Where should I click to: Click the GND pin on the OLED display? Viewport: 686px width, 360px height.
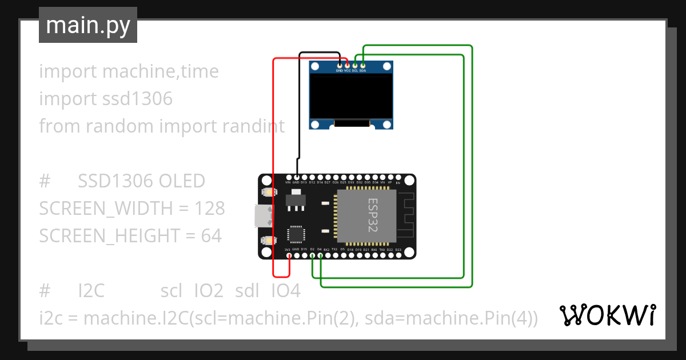point(340,66)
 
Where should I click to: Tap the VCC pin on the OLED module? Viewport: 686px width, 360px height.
point(347,66)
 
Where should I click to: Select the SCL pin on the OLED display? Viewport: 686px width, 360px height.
point(355,66)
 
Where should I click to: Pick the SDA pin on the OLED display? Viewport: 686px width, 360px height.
point(362,66)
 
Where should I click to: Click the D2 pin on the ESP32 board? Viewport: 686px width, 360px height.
point(312,255)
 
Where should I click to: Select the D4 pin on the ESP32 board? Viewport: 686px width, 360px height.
point(320,255)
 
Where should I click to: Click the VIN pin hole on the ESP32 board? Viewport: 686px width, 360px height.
point(288,177)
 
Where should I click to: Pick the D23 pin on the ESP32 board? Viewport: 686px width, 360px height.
point(398,255)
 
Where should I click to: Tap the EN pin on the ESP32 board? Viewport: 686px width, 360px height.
point(398,177)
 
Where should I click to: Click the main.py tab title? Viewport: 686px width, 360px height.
point(88,25)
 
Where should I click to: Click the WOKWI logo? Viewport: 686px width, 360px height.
point(607,315)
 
